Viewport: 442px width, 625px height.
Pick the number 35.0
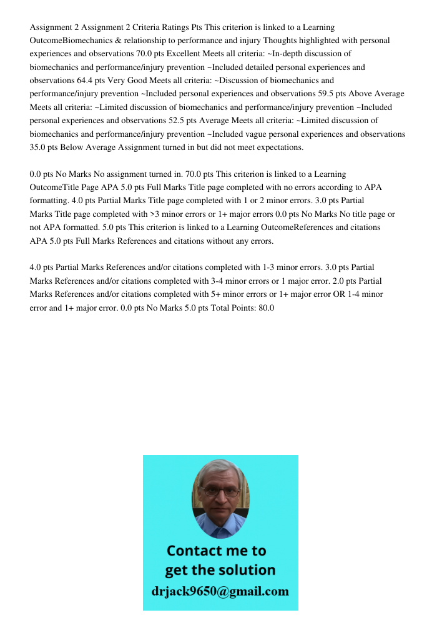(x=40, y=147)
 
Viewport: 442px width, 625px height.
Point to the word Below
(x=72, y=147)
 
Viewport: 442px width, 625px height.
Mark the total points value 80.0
(x=266, y=308)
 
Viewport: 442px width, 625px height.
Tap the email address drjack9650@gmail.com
(x=220, y=591)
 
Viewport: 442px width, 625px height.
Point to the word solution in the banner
(x=245, y=570)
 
